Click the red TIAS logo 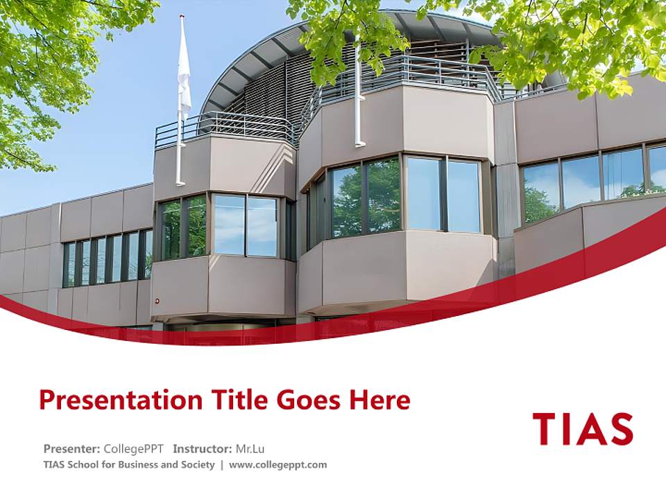(583, 429)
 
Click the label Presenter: (72, 448)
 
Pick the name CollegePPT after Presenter (134, 448)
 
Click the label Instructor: (203, 448)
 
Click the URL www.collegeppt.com (277, 464)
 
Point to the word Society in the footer (197, 464)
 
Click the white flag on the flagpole (184, 69)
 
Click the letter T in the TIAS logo (545, 429)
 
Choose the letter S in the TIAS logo (620, 429)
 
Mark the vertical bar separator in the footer (222, 464)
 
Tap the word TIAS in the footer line (53, 464)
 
